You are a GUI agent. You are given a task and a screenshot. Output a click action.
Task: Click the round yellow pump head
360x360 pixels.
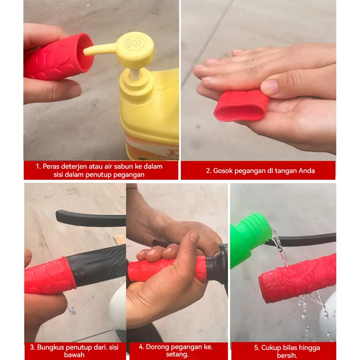point(135,49)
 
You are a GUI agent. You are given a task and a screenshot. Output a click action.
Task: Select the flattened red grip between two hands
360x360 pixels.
point(241,106)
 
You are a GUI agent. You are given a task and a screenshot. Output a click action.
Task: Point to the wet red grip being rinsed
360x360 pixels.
point(297,278)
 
